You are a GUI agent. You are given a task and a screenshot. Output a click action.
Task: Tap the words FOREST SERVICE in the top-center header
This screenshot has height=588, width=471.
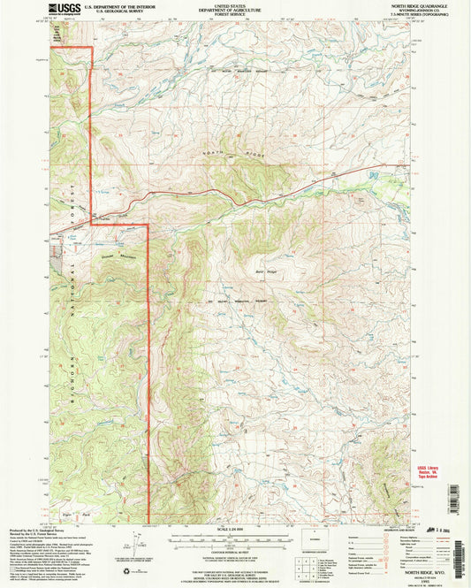pyautogui.click(x=236, y=18)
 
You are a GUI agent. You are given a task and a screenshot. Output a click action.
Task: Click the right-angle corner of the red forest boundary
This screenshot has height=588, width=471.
pyautogui.click(x=146, y=225)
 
